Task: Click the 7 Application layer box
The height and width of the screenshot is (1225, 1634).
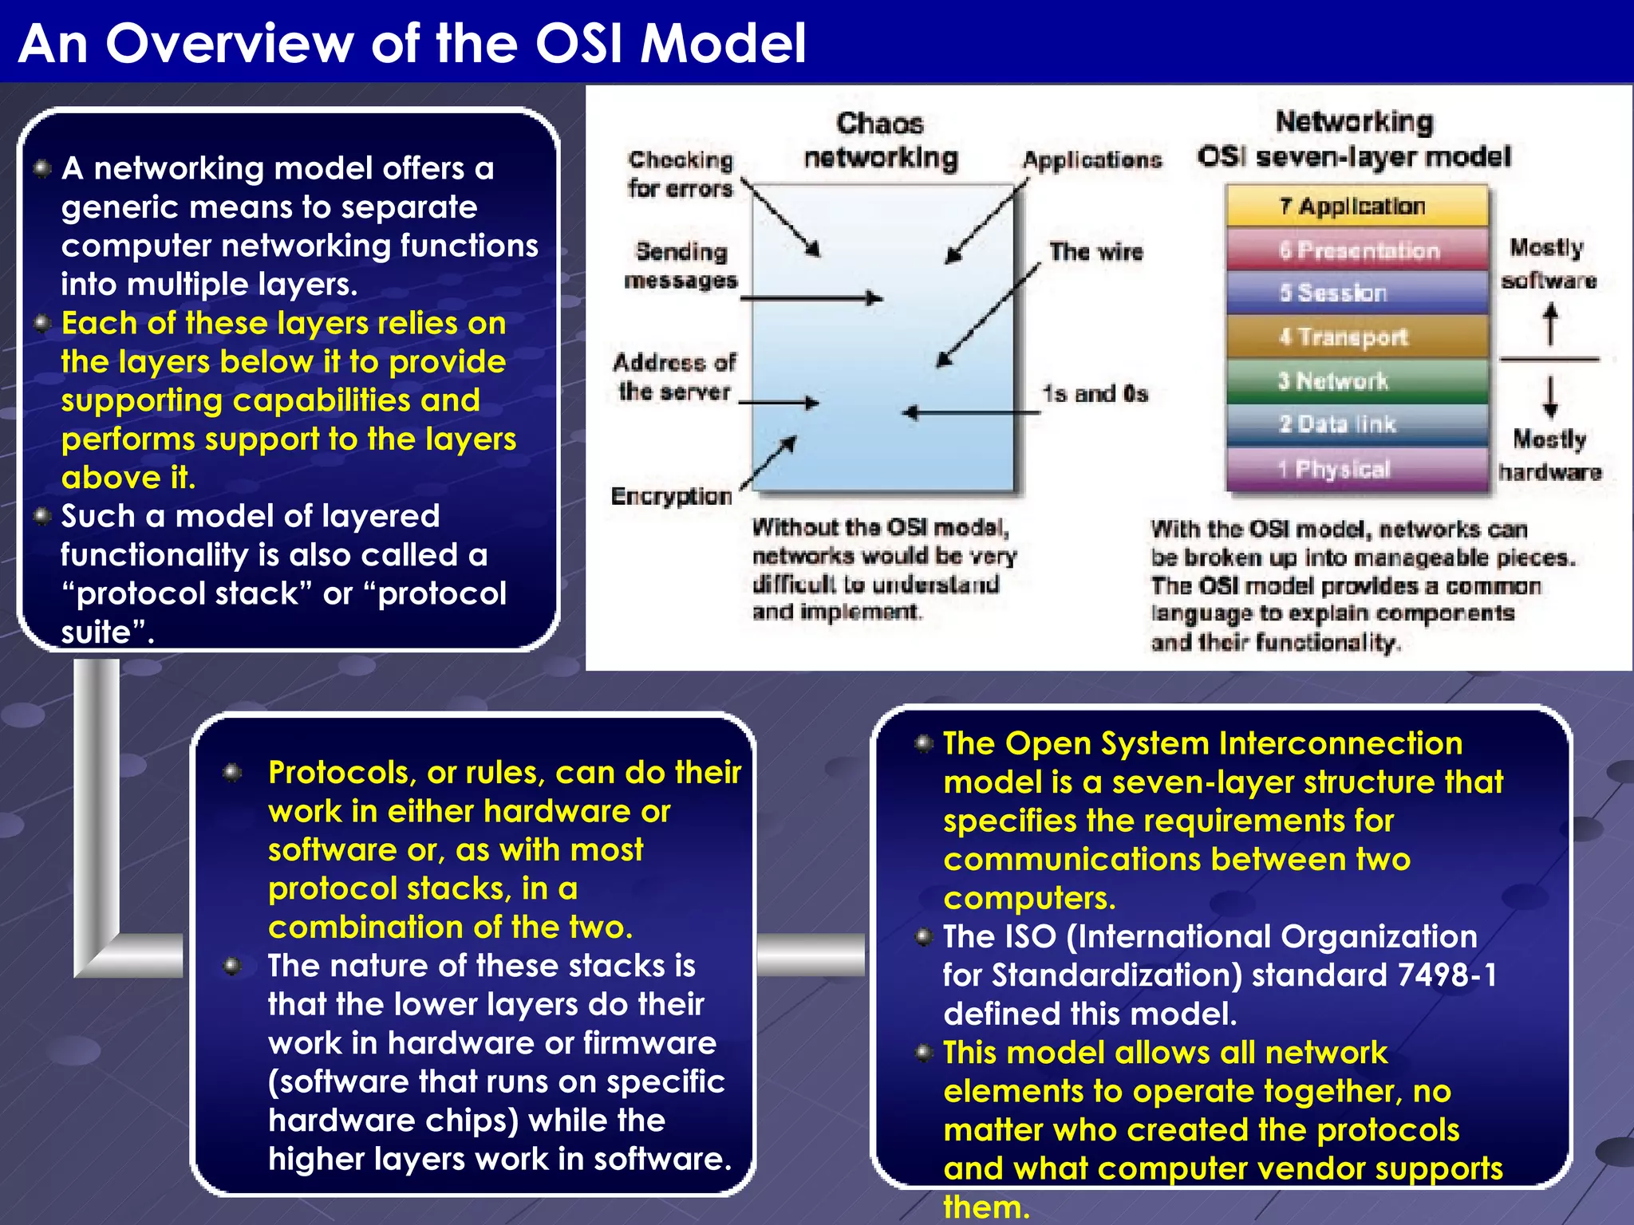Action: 1356,206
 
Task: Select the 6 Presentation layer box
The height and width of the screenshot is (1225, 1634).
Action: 1356,250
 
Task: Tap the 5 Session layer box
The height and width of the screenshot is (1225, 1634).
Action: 1356,293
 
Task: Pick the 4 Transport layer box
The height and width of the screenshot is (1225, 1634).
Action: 1356,337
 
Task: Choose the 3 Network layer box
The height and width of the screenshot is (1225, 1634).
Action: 1356,380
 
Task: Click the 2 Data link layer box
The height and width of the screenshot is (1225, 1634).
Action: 1356,423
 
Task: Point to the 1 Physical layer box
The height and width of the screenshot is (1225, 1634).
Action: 1356,468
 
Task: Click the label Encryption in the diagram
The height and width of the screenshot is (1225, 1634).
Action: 671,496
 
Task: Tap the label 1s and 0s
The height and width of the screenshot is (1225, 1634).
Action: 1095,393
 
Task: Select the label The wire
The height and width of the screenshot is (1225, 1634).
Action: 1095,252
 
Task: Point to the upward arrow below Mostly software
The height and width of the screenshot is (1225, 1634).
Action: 1549,324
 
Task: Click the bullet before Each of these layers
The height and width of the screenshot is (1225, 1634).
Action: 43,324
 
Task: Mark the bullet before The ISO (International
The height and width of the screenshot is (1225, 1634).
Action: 924,936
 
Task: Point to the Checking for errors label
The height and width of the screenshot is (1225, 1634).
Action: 680,174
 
